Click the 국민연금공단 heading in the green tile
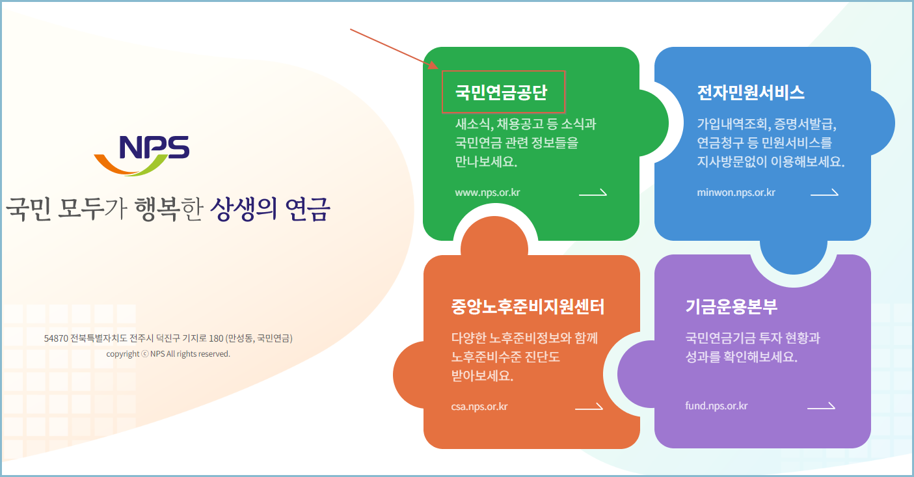(501, 92)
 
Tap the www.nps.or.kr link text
(487, 193)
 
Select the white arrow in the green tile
(593, 193)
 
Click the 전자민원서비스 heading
(750, 92)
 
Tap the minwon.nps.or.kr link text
(736, 193)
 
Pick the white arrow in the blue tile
(824, 193)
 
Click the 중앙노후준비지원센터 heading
(528, 307)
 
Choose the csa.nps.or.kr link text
(479, 407)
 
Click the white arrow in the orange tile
(589, 407)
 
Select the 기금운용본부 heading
(731, 307)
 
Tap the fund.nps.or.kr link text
(716, 406)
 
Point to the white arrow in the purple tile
(821, 407)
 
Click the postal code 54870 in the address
(56, 339)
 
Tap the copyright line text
(168, 354)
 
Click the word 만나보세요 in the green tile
(485, 161)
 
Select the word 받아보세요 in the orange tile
(481, 376)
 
